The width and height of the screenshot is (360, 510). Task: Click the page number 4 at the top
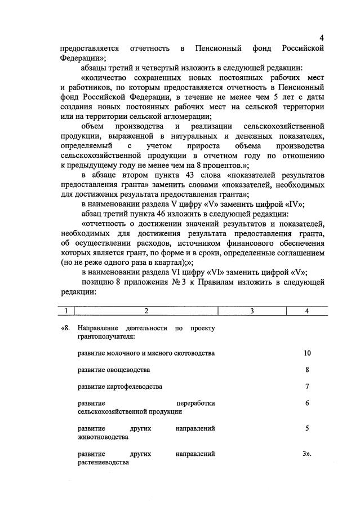tap(321, 38)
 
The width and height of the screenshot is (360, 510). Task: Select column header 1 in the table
tap(66, 311)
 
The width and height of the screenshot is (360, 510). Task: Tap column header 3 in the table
tap(251, 311)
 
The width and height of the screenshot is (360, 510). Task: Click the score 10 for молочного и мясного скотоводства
tap(307, 353)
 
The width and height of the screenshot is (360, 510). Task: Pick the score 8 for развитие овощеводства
tap(307, 370)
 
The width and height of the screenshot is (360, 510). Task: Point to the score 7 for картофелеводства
tap(307, 387)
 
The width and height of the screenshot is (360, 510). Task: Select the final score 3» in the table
tap(307, 453)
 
